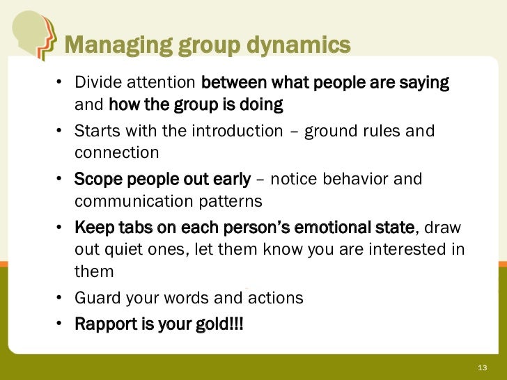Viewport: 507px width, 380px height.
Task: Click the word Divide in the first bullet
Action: coord(97,84)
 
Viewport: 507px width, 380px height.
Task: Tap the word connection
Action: coord(117,152)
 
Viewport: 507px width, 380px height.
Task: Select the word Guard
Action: coord(97,299)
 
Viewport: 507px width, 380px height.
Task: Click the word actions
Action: coord(275,299)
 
